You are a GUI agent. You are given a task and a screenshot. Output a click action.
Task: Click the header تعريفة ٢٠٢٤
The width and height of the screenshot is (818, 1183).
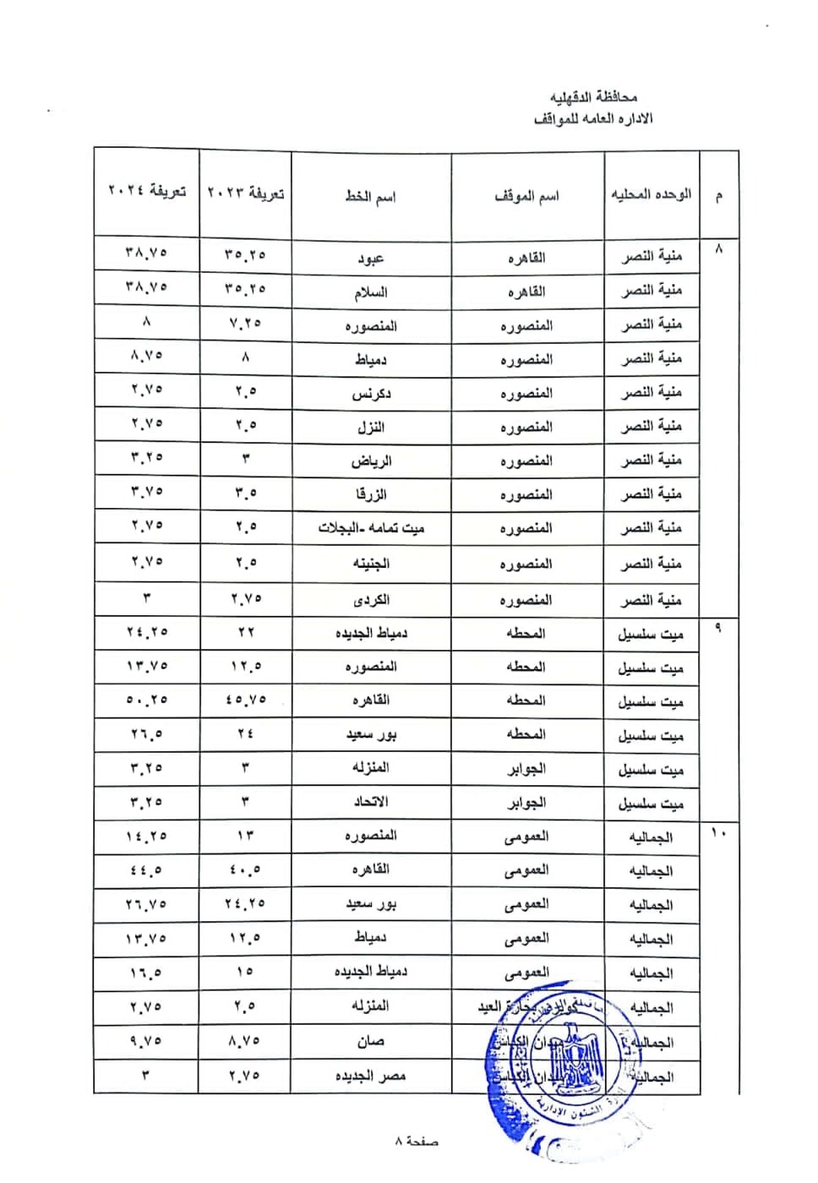146,192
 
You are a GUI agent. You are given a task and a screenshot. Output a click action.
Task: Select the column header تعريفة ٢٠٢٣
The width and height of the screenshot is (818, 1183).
246,193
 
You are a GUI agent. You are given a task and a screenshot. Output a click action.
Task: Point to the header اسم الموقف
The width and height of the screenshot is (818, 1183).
526,196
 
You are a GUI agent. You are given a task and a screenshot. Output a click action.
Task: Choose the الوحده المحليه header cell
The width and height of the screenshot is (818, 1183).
651,194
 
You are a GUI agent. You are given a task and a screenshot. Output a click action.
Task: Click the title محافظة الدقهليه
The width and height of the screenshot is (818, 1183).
593,97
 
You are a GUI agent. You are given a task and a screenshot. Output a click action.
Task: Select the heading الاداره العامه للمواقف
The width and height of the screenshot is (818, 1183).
593,118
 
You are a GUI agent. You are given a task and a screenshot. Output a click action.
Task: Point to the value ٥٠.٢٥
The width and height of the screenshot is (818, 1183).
146,701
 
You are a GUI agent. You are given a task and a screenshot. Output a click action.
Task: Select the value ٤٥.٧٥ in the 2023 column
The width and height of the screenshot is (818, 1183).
246,701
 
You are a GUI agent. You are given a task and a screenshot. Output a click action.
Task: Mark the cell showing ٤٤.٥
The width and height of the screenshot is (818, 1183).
146,870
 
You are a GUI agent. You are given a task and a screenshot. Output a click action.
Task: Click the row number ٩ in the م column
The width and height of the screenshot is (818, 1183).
718,630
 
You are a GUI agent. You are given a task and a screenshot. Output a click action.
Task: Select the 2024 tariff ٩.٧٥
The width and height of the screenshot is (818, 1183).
146,1042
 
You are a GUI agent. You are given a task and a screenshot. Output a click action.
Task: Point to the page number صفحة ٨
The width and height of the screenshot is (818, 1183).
416,1142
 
